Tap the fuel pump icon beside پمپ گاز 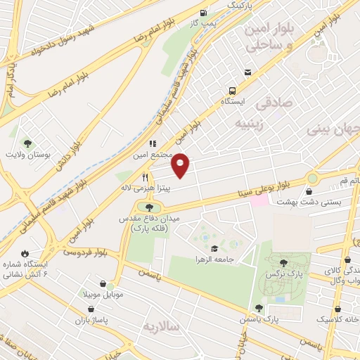point(203,12)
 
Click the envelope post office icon point(247,72)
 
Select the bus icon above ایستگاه point(232,91)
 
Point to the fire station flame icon point(25,253)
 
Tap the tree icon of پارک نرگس point(283,262)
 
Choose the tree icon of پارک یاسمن point(259,307)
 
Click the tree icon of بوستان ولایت point(27,143)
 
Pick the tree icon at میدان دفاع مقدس point(148,207)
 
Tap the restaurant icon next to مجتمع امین point(152,143)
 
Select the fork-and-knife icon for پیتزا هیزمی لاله point(145,177)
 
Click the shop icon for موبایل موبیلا point(103,284)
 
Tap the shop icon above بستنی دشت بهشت point(309,191)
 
